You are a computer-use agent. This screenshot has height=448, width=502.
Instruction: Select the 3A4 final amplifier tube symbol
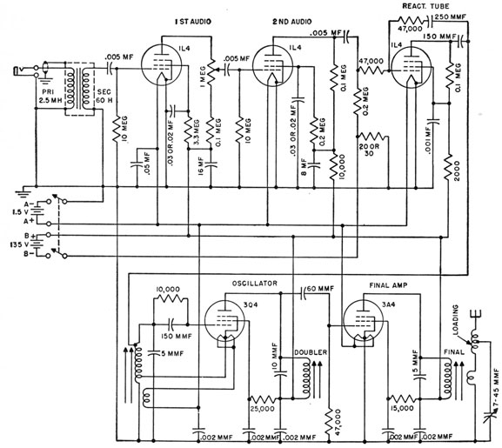click(x=365, y=323)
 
